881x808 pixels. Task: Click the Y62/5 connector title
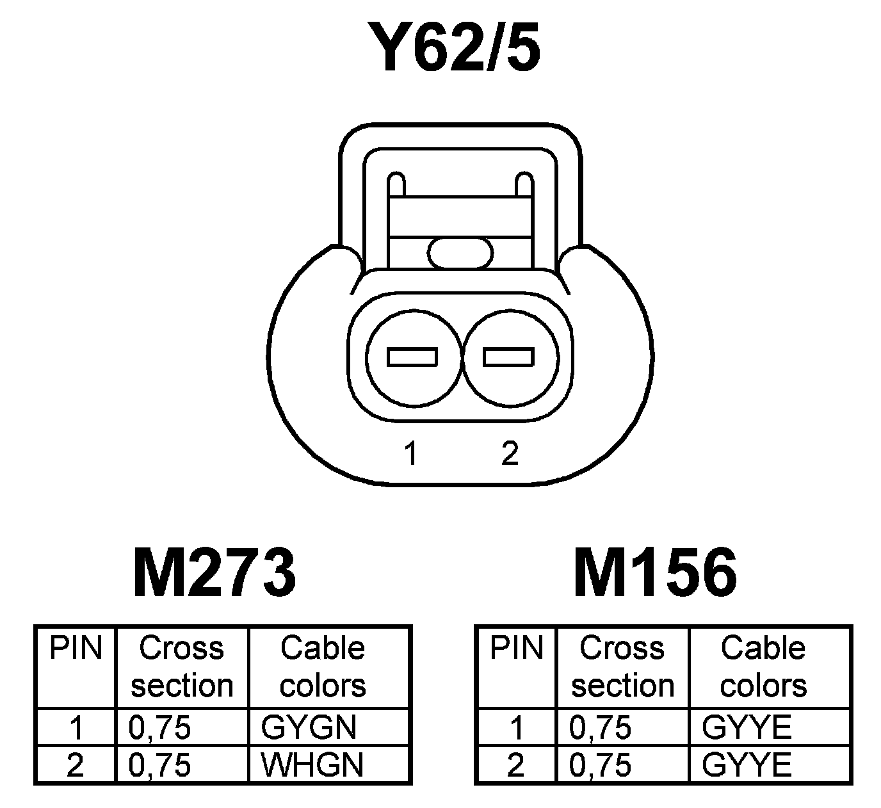(x=453, y=46)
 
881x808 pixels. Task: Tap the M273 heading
(x=214, y=572)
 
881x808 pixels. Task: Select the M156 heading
(x=655, y=572)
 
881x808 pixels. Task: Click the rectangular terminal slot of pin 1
(x=413, y=357)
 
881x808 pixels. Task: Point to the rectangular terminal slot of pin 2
(x=509, y=357)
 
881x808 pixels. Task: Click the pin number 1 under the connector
(x=410, y=453)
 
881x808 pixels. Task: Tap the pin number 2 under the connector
(x=510, y=453)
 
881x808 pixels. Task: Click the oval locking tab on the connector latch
(x=460, y=253)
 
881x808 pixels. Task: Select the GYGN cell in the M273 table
(x=309, y=727)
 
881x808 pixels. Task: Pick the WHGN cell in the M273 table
(x=312, y=764)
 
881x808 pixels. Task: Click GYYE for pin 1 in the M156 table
(x=747, y=727)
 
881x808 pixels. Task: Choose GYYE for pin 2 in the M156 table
(x=747, y=764)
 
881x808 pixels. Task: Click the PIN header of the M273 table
(x=76, y=648)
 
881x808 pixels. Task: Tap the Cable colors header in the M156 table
(x=763, y=666)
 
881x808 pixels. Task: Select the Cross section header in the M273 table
(x=182, y=666)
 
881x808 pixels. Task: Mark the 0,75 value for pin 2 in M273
(x=160, y=764)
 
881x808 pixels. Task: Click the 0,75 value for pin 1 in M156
(x=600, y=727)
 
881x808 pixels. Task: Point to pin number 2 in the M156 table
(x=515, y=764)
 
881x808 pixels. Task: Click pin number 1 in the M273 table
(x=76, y=727)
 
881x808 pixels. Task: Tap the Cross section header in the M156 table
(x=622, y=666)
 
